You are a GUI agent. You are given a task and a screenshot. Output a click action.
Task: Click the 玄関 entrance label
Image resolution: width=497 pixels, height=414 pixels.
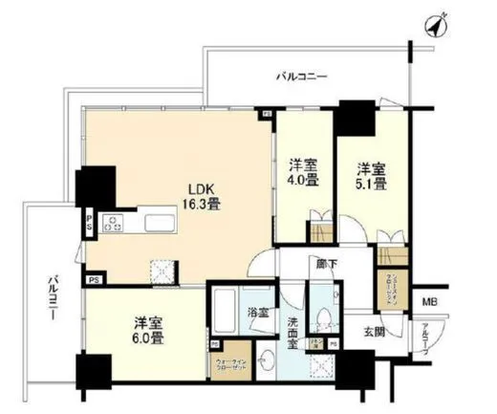tap(373, 331)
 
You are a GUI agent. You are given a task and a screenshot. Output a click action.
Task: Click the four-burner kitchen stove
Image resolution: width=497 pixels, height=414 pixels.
tap(114, 226)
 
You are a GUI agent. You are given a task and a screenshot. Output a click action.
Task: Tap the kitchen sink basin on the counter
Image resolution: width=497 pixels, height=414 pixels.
tap(160, 226)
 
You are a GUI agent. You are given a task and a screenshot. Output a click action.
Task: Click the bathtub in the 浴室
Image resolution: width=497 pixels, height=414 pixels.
tap(224, 311)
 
